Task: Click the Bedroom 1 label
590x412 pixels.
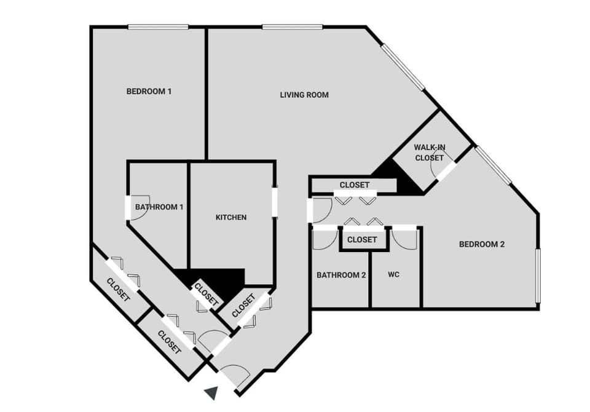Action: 149,92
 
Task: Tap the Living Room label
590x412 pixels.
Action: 304,95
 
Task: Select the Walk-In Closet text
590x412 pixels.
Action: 428,153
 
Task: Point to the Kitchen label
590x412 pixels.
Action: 231,217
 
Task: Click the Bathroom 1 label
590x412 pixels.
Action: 159,207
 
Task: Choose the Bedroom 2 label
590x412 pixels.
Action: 482,244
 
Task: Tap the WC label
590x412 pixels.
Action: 394,274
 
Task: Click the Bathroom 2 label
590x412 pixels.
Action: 341,275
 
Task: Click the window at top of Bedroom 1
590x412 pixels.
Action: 158,26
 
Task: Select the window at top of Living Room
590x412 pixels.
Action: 292,26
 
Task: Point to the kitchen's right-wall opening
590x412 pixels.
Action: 275,202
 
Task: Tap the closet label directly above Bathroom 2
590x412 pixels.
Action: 362,240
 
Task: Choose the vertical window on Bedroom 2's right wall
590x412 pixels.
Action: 538,275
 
